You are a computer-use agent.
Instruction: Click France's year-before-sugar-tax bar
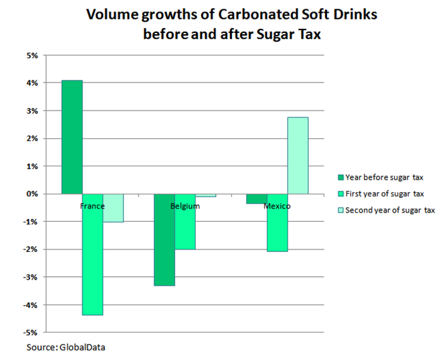click(72, 137)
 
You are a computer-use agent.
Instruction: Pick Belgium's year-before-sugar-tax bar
click(164, 239)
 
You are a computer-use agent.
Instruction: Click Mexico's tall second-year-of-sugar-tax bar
click(298, 156)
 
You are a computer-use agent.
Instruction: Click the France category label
click(92, 206)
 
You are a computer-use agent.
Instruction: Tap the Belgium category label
click(185, 206)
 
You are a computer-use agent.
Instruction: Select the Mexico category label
click(277, 206)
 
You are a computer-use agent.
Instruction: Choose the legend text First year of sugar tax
click(386, 194)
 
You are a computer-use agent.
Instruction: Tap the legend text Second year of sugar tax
click(391, 210)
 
